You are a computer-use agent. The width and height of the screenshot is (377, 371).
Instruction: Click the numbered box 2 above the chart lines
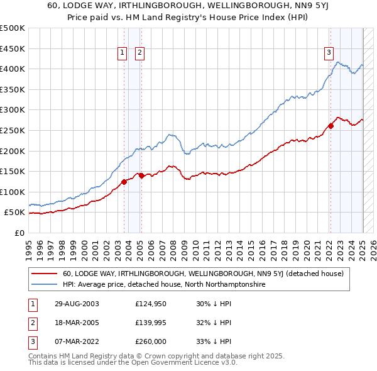(139, 53)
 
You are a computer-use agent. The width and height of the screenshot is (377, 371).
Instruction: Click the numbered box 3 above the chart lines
(329, 53)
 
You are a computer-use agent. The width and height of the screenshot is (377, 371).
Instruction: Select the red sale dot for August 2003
(124, 182)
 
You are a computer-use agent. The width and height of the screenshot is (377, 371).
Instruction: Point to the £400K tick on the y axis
(13, 69)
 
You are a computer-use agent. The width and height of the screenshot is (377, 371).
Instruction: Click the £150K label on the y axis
(13, 171)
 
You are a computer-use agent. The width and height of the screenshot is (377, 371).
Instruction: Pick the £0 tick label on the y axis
(19, 233)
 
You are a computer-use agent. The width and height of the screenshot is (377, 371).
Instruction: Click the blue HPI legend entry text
(164, 285)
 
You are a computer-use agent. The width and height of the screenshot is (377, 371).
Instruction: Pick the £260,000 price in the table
(151, 341)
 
